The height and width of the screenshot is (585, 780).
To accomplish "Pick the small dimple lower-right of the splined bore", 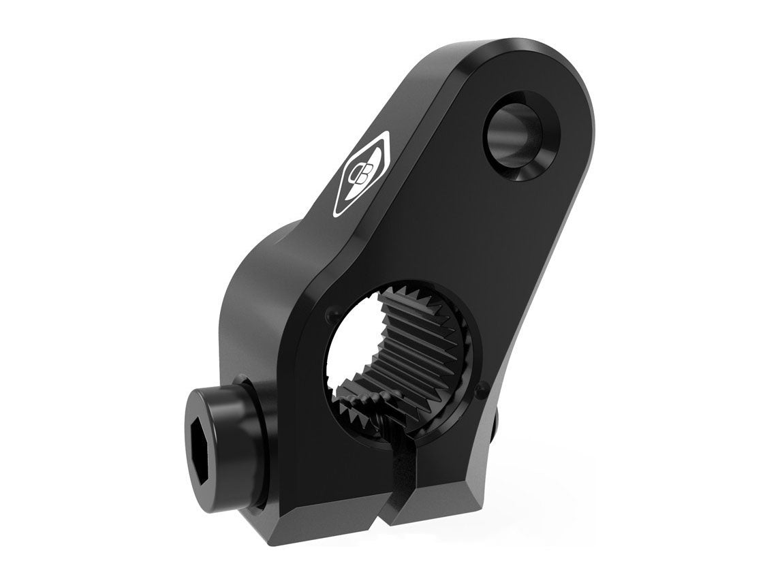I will pos(483,390).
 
